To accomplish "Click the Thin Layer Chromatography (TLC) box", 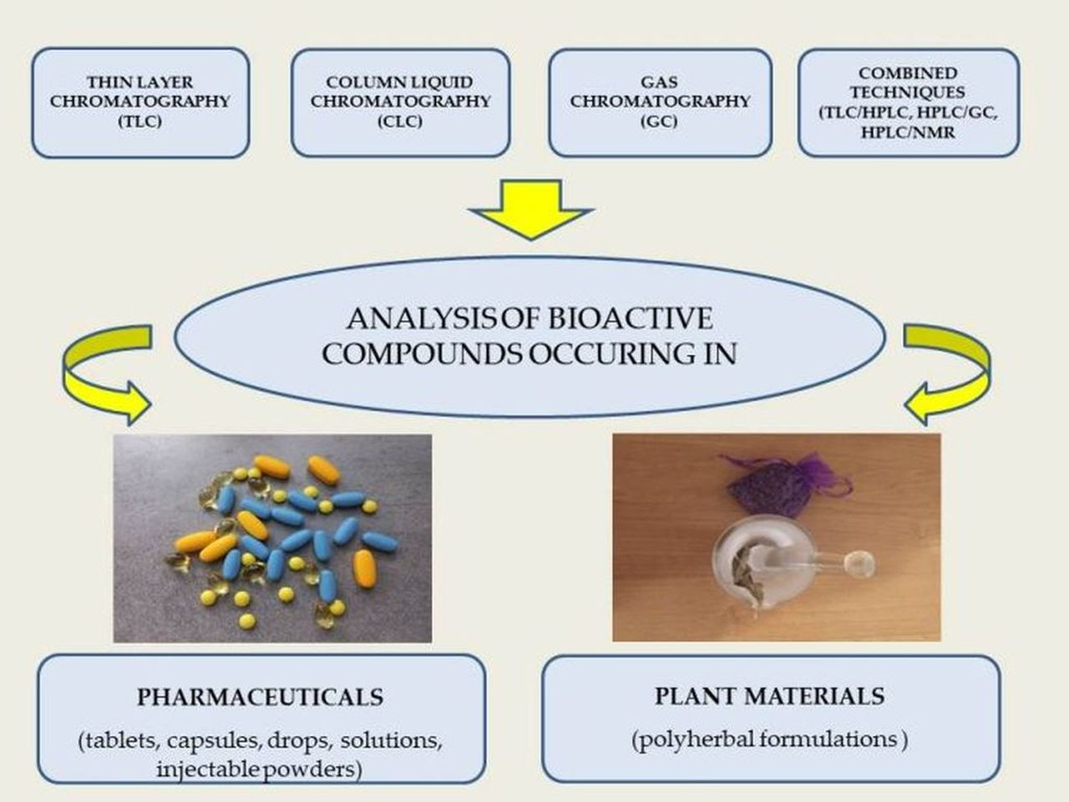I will tap(140, 102).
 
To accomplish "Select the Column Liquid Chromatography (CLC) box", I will tap(400, 102).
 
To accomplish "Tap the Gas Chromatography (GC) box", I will tap(660, 102).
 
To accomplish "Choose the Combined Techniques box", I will tap(908, 102).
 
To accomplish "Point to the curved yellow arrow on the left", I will tap(100, 372).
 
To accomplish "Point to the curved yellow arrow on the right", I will tap(952, 372).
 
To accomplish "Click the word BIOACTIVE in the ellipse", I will tap(631, 318).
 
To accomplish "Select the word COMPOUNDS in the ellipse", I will tap(423, 354).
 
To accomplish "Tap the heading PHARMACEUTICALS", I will tap(260, 697).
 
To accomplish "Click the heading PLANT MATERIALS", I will tap(769, 695).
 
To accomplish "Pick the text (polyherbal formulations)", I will tap(769, 739).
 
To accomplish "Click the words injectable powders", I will tap(259, 769).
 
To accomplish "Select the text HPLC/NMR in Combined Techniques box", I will tap(908, 132).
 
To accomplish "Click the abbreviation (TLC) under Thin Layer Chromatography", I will tap(140, 120).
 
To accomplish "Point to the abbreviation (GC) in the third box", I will tap(660, 120).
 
